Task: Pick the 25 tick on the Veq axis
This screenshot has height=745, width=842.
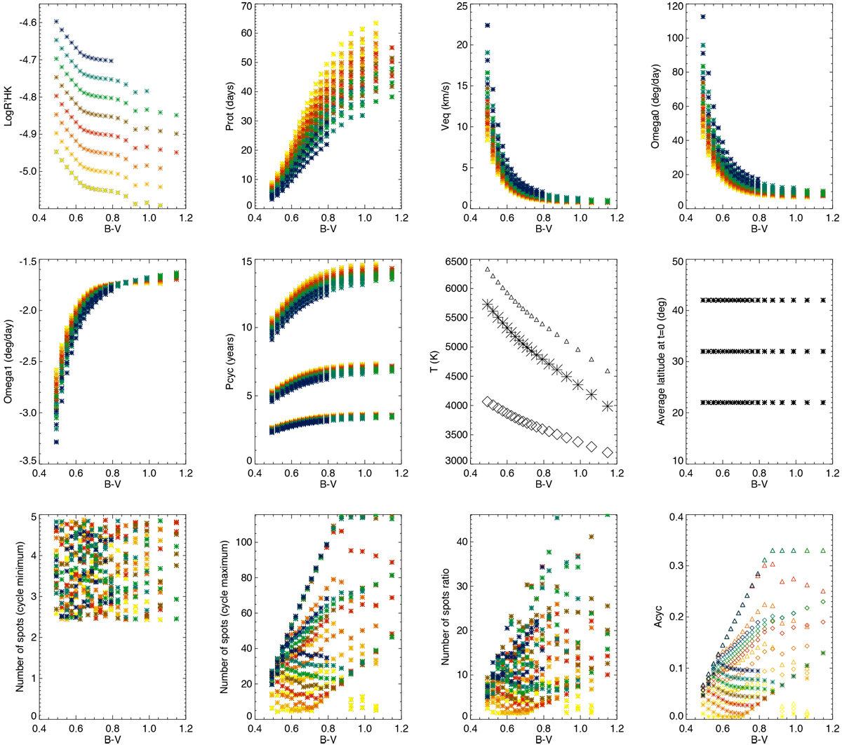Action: coord(462,7)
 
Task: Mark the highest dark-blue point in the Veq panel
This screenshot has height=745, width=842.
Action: coord(488,25)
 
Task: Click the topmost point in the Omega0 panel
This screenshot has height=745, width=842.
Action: coord(702,17)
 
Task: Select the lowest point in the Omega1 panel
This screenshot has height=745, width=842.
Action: coord(56,441)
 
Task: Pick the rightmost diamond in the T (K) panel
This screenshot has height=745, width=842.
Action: coord(608,452)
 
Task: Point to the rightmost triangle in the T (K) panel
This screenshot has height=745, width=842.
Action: coord(608,370)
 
